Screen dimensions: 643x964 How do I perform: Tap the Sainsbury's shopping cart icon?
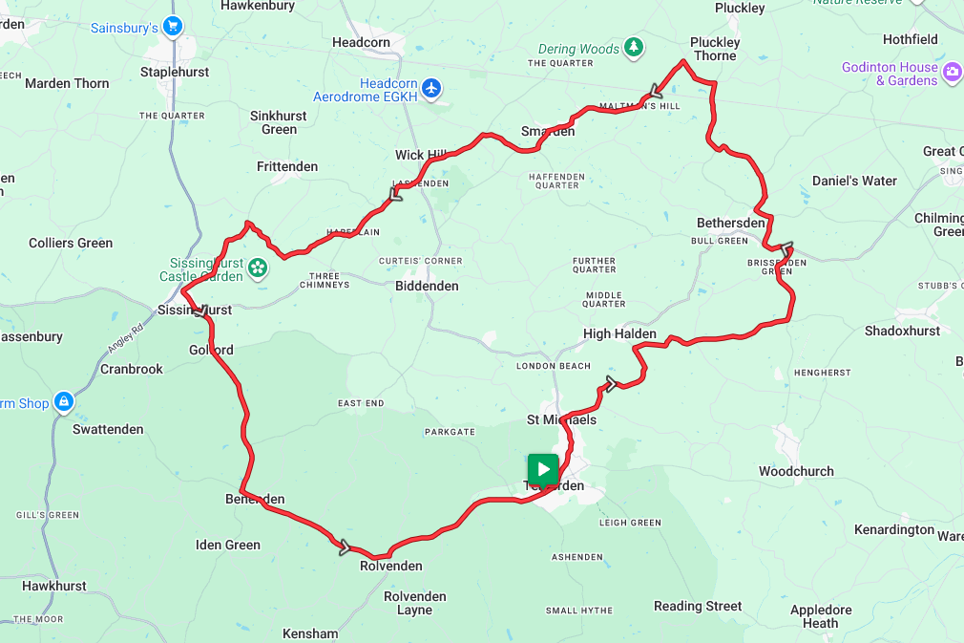click(x=172, y=27)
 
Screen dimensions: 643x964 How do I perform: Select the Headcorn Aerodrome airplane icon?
click(x=432, y=88)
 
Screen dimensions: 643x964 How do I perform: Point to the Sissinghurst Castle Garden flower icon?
click(x=257, y=268)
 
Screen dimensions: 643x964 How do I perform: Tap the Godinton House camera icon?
click(x=952, y=73)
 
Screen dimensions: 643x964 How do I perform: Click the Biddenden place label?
click(x=427, y=286)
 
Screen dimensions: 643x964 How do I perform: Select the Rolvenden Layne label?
click(x=415, y=603)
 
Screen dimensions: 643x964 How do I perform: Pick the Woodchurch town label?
click(x=796, y=471)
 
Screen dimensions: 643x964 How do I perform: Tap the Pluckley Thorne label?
click(x=715, y=49)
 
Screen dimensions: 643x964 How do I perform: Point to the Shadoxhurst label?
click(x=902, y=331)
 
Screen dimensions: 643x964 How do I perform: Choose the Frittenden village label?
click(x=287, y=166)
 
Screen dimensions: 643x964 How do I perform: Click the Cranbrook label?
click(x=132, y=369)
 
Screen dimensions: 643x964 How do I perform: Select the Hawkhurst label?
click(x=54, y=586)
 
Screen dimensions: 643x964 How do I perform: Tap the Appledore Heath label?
click(x=821, y=616)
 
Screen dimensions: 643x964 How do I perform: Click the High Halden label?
click(x=619, y=333)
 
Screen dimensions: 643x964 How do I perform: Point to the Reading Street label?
click(x=698, y=606)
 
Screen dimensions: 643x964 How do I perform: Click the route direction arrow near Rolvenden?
click(x=345, y=547)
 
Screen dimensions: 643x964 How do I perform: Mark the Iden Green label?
click(x=228, y=545)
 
